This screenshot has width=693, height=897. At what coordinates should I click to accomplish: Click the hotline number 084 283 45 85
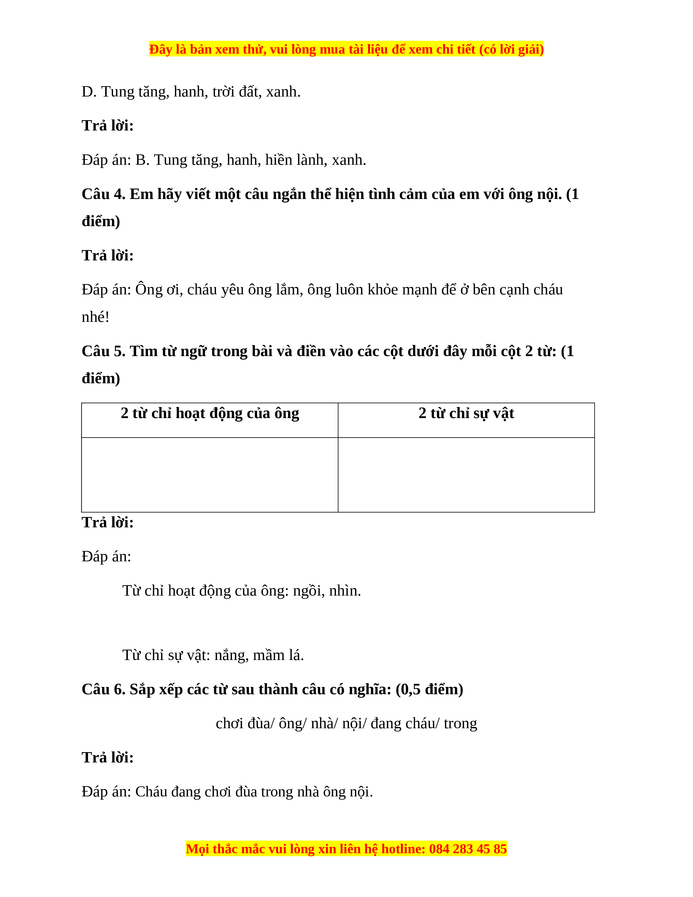[468, 849]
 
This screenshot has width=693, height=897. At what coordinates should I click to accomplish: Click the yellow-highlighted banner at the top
[346, 49]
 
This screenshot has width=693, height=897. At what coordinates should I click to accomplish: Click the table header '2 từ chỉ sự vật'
[466, 413]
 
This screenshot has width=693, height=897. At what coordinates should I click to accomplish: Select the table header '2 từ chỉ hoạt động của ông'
[210, 413]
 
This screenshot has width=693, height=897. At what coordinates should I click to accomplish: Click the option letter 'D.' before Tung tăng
[89, 92]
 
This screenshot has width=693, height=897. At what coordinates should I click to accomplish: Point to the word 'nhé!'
[95, 317]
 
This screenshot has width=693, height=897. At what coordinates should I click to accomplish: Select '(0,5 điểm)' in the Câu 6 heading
[429, 689]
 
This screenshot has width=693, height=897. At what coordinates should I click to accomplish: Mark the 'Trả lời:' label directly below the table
[108, 522]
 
